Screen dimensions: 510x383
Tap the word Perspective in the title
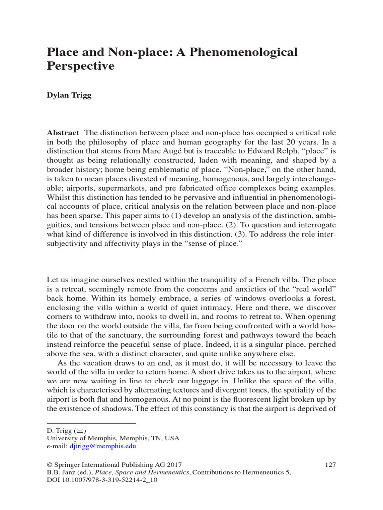pos(80,66)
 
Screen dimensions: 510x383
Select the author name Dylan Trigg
pos(70,95)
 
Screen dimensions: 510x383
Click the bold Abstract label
pos(63,133)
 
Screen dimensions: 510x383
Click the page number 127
pos(330,464)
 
